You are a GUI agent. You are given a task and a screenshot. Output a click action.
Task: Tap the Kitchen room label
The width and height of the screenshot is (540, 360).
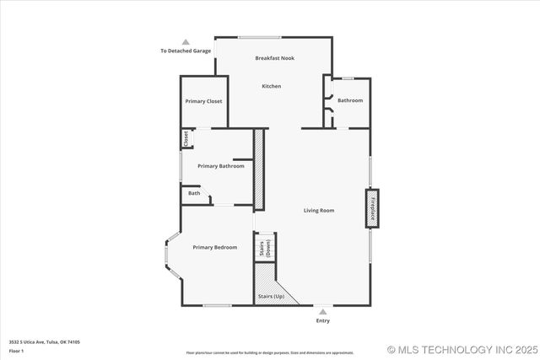(x=271, y=86)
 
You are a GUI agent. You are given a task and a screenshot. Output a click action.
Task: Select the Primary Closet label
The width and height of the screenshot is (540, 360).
(x=203, y=101)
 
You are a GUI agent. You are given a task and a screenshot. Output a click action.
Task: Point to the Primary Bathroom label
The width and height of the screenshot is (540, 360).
(x=221, y=166)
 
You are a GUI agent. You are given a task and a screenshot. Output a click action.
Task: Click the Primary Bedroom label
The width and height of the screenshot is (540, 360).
(x=214, y=247)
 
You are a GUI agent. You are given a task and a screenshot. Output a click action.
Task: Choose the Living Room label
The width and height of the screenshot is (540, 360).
(x=319, y=210)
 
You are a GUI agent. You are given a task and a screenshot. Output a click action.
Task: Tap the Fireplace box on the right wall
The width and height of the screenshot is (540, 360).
(x=370, y=208)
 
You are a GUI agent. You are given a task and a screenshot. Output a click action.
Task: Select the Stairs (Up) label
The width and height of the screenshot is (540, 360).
(x=270, y=297)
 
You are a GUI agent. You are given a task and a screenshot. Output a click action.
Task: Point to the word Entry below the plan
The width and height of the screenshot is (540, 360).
(x=323, y=320)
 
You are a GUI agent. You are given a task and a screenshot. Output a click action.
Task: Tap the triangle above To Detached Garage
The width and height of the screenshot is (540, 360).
(x=186, y=41)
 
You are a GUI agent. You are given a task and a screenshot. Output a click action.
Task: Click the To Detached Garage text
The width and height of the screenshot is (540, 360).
(x=186, y=51)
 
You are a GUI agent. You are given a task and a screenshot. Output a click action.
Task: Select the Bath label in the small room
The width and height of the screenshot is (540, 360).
(x=194, y=193)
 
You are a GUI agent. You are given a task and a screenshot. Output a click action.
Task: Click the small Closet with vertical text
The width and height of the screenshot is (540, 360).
(x=186, y=138)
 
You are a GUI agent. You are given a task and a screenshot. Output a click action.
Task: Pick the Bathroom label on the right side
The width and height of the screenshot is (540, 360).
(x=350, y=100)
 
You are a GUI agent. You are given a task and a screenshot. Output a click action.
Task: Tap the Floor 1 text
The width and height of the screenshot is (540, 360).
(x=17, y=350)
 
